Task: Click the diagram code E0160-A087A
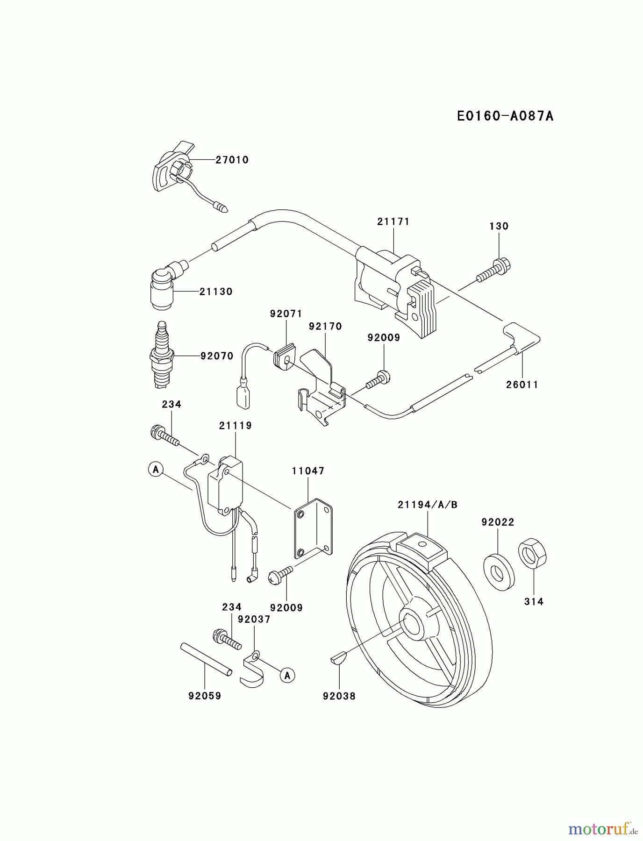coord(505,116)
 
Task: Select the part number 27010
coord(232,160)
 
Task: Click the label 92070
coord(217,356)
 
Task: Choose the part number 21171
coord(393,221)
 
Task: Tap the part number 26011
coord(522,385)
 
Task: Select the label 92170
coord(325,326)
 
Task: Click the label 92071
coord(286,314)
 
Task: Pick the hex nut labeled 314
coord(532,554)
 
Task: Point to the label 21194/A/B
coord(428,505)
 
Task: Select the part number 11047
coord(308,471)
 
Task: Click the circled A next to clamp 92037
coord(287,675)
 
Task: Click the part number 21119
coord(235,426)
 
